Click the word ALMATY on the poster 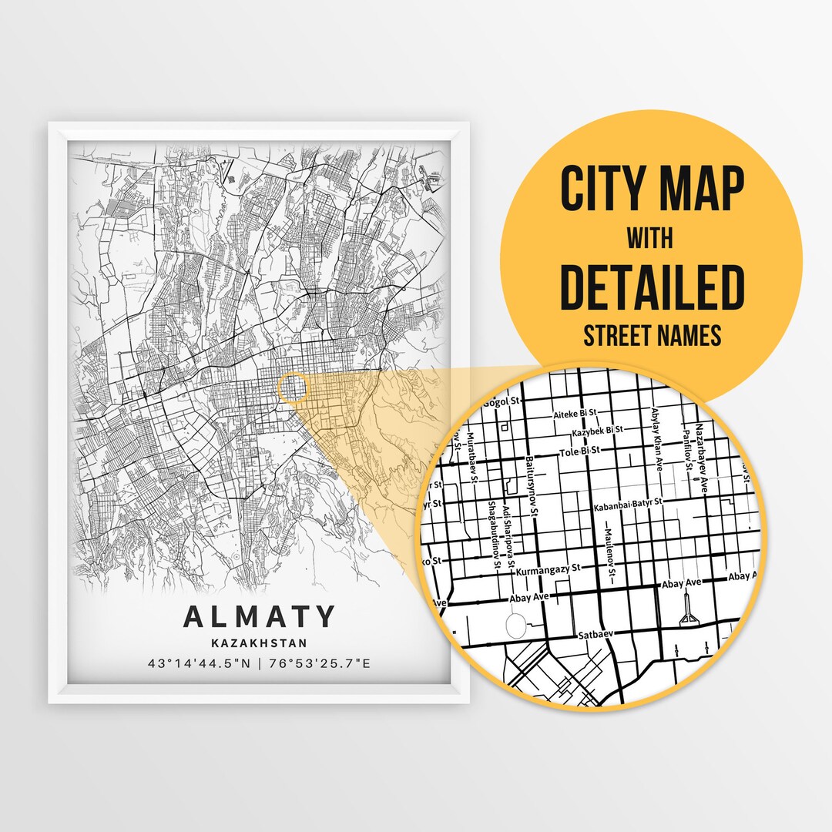(x=260, y=617)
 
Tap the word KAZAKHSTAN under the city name (x=260, y=642)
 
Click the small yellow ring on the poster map (x=292, y=387)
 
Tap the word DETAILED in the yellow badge (x=652, y=287)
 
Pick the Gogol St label (x=505, y=401)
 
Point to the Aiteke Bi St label (x=576, y=414)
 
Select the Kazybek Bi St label (x=597, y=430)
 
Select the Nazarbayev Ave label (x=700, y=455)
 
